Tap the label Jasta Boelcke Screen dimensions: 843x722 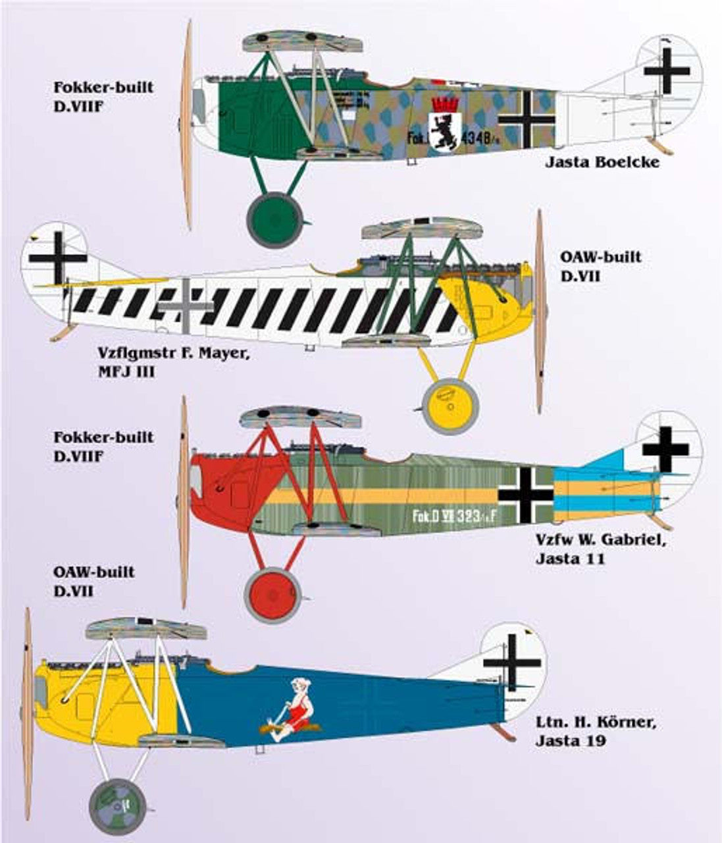click(x=602, y=161)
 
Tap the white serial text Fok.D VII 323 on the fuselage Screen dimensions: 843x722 click(x=453, y=517)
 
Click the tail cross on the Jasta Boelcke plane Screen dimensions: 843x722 click(x=667, y=70)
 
